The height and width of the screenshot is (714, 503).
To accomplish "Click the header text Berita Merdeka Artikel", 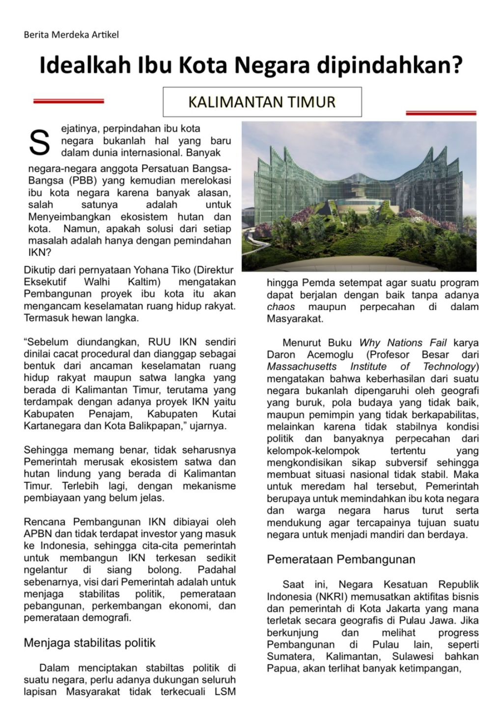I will click(71, 35).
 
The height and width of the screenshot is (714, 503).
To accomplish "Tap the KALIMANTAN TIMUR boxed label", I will click(262, 102).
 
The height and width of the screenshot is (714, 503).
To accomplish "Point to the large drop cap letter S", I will click(39, 142).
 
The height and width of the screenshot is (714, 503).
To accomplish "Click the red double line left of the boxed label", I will click(68, 101).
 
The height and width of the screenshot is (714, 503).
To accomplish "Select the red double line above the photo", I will click(441, 113).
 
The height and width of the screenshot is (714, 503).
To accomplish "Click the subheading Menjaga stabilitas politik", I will click(89, 643).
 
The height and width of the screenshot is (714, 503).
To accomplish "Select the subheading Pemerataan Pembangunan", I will click(341, 559).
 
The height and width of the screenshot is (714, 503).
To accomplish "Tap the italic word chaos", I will click(281, 307).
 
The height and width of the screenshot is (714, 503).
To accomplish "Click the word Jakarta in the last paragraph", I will click(399, 609).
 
